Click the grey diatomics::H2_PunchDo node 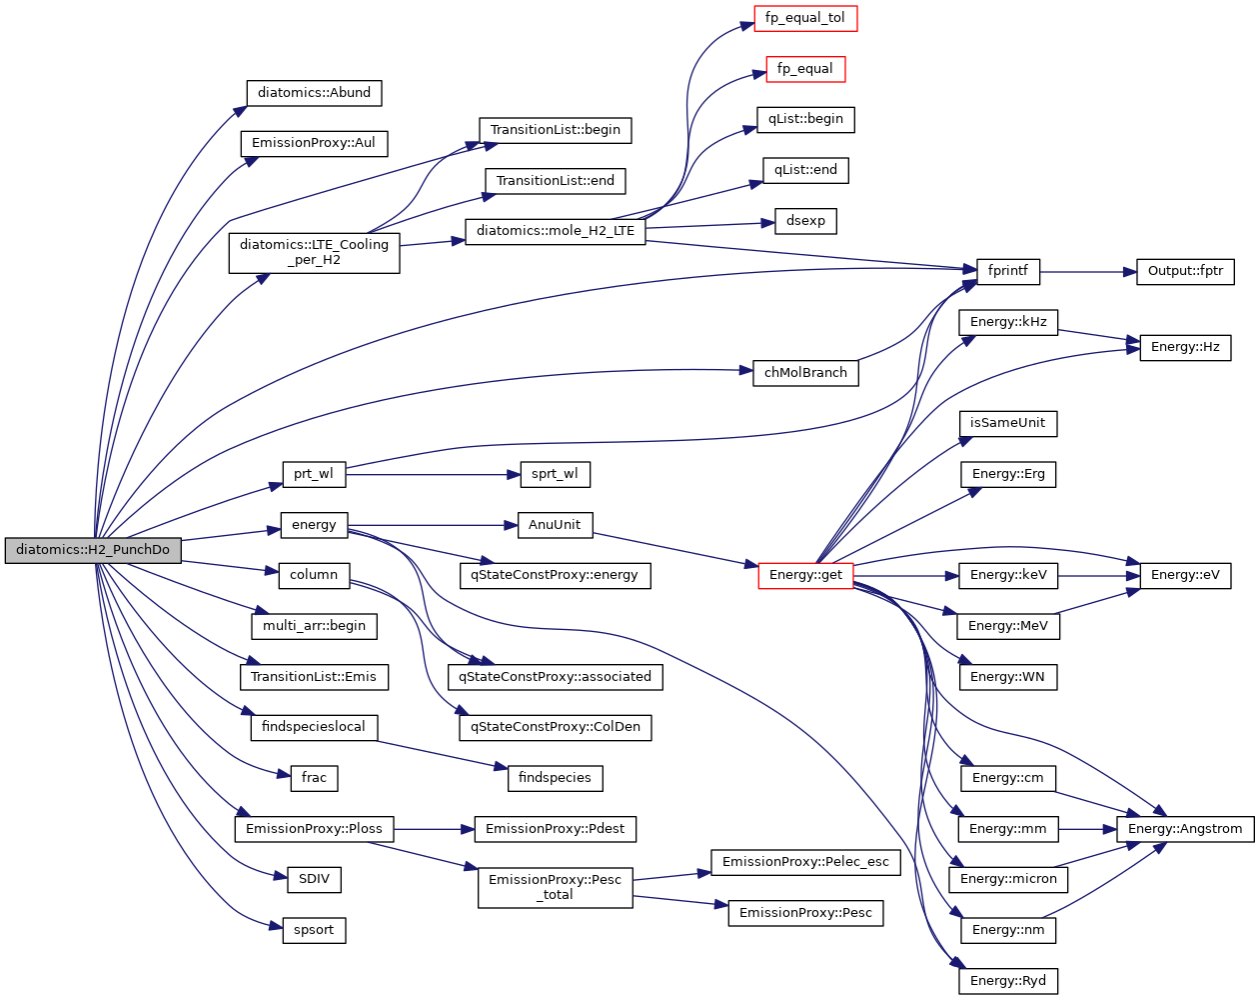click(93, 550)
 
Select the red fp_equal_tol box click(805, 18)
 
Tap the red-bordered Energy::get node click(805, 575)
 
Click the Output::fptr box click(1185, 271)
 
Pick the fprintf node click(1007, 271)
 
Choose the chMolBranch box click(805, 373)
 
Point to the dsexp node click(805, 221)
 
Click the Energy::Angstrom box click(1185, 829)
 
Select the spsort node click(314, 930)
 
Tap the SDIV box click(314, 879)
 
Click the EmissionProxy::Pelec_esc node click(805, 862)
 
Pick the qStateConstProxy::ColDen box click(556, 727)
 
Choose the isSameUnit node click(1007, 423)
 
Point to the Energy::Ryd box click(1007, 981)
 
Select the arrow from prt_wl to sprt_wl click(432, 474)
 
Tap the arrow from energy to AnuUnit click(432, 525)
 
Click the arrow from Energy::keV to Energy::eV click(1098, 576)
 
